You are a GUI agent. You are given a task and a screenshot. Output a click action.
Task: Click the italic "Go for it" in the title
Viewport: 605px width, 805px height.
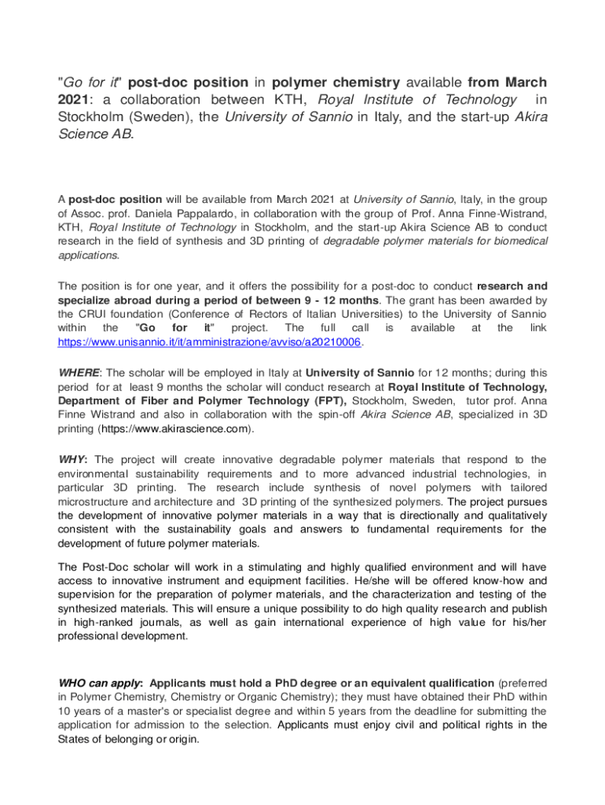(x=89, y=83)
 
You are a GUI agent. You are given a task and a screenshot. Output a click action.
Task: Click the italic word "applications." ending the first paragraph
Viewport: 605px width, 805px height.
(x=89, y=255)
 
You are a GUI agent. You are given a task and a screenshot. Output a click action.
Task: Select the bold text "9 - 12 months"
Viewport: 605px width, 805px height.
(x=341, y=300)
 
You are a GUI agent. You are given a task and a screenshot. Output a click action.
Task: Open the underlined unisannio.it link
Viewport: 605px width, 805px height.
(x=209, y=343)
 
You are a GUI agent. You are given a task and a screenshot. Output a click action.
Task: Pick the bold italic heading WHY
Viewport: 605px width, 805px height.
(x=73, y=459)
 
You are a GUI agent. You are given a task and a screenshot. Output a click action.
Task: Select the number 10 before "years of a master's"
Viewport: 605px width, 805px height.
(x=64, y=711)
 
